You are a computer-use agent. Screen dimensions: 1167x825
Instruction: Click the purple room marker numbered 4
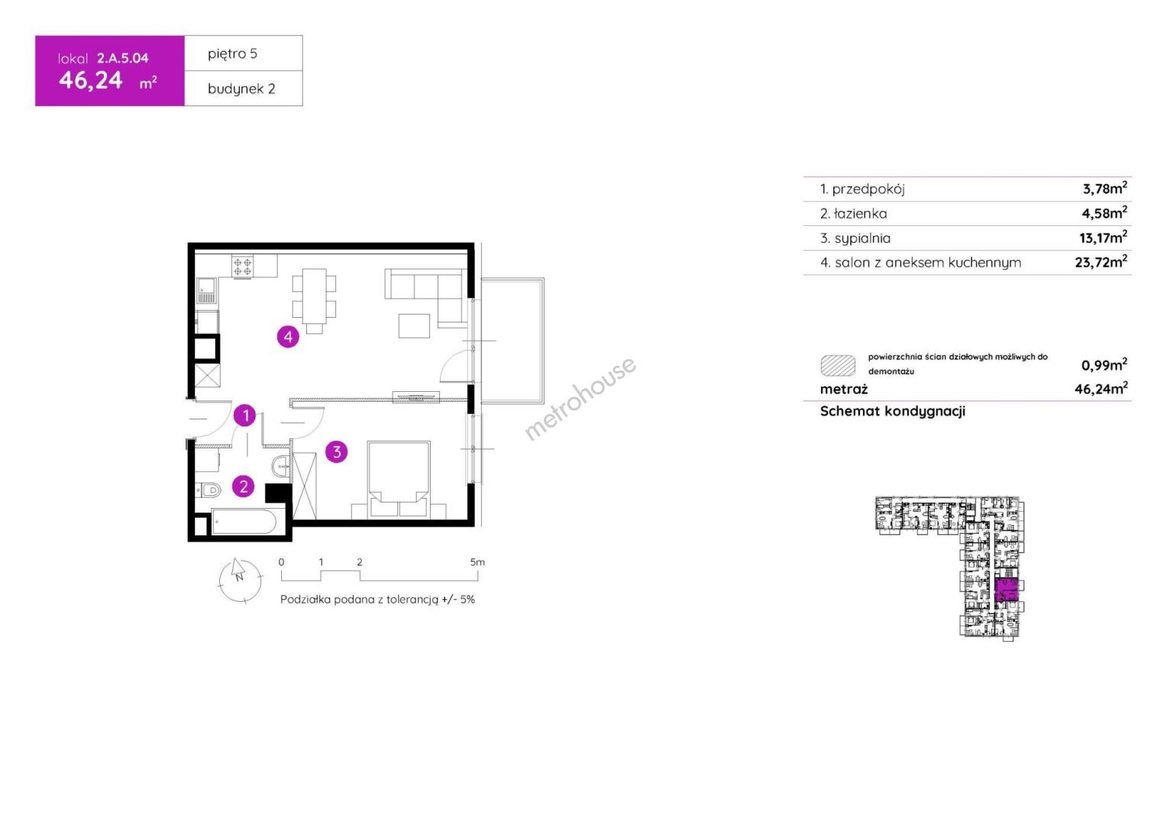coord(288,337)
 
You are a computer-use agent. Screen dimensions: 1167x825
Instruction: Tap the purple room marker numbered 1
coord(245,416)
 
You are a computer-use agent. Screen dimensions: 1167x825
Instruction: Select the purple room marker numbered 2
coord(244,487)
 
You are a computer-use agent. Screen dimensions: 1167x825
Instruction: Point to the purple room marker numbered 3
coord(337,451)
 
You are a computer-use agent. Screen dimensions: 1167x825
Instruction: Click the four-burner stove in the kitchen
coord(243,266)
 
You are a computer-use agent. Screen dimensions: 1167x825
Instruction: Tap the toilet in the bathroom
coord(209,490)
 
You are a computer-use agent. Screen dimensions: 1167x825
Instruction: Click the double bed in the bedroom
coord(399,479)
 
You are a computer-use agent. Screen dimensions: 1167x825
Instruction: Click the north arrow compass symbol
coord(240,580)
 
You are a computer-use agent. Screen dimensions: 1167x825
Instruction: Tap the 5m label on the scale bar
coord(477,561)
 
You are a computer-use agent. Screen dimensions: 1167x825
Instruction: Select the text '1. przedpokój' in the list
coord(862,189)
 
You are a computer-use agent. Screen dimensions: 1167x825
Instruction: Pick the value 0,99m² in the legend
coord(1104,365)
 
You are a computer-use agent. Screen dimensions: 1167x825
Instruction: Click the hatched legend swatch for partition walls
coord(838,365)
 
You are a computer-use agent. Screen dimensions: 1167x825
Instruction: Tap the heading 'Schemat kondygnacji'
coord(893,411)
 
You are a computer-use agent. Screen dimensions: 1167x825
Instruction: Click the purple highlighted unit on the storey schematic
coord(1006,590)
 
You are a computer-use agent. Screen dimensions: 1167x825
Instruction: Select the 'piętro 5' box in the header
coord(244,53)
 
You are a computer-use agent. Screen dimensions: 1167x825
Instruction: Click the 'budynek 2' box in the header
coord(244,89)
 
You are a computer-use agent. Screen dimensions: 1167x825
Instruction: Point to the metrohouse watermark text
coord(580,398)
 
